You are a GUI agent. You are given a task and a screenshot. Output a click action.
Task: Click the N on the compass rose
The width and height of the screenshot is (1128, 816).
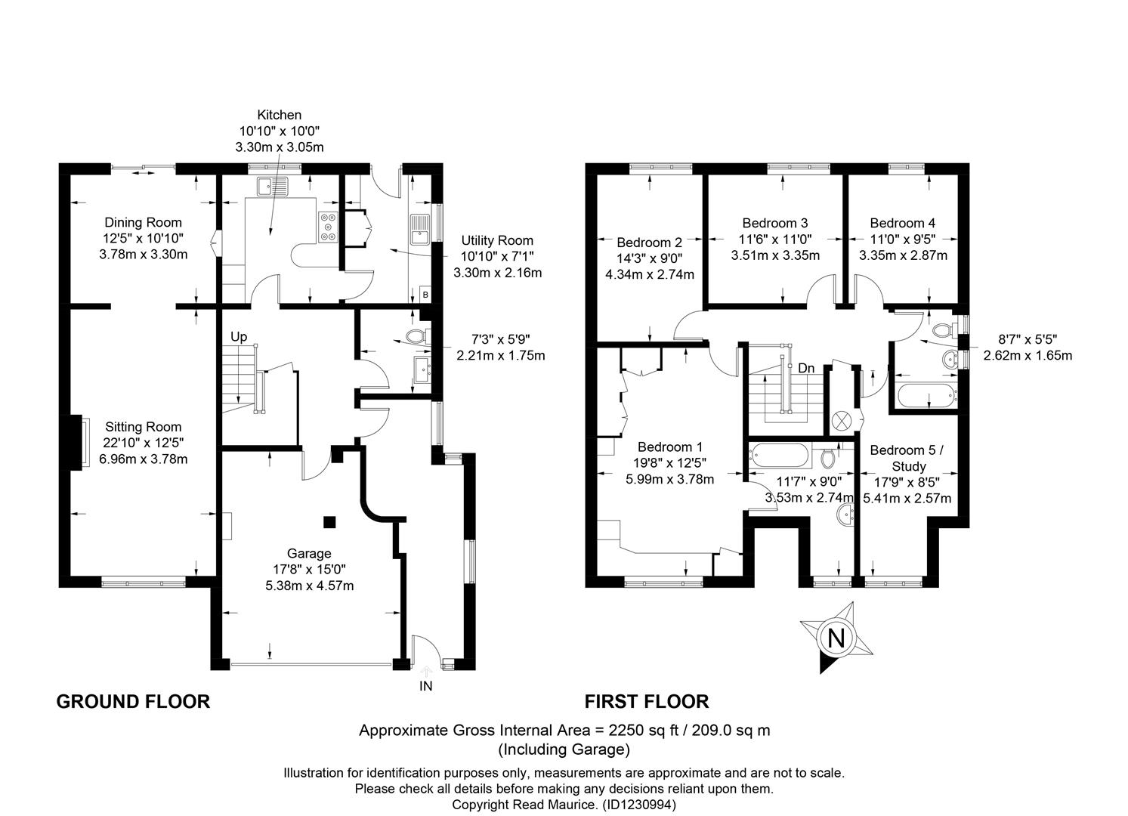tap(836, 638)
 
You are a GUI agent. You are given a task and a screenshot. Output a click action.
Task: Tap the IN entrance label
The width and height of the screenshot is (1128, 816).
tap(426, 686)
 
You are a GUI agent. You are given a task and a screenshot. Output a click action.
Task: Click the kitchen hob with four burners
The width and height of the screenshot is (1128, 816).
tap(328, 227)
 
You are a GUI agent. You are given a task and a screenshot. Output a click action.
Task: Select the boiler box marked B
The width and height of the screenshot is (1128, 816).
tap(425, 295)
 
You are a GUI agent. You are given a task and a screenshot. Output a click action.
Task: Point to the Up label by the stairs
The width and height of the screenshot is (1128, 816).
tap(239, 336)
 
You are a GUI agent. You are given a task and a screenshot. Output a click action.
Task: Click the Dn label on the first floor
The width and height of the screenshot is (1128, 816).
tap(806, 368)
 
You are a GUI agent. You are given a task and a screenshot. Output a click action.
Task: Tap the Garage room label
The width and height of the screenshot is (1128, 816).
tap(309, 553)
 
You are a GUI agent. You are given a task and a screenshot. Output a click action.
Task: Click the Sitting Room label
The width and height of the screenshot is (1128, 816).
tap(144, 427)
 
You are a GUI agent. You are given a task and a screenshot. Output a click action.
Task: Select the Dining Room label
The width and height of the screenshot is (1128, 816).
tap(143, 222)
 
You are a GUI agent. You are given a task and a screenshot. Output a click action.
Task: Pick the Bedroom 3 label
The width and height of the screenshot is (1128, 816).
tap(775, 223)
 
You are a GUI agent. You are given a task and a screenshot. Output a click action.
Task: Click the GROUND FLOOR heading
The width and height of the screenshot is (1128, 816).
tap(133, 702)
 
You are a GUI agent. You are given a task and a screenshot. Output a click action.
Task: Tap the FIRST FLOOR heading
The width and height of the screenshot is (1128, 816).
tap(647, 702)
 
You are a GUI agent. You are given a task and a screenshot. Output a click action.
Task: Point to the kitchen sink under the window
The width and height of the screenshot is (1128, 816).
tap(273, 186)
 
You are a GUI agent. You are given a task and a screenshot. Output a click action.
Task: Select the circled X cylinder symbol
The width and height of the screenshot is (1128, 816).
tap(841, 420)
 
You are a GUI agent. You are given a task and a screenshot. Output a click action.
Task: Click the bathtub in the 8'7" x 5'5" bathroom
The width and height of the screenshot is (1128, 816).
tap(927, 395)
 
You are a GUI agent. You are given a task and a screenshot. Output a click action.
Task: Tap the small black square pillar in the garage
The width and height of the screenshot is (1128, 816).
tap(329, 522)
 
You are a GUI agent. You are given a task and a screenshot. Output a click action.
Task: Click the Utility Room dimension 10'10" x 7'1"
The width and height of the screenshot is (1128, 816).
tap(497, 256)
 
